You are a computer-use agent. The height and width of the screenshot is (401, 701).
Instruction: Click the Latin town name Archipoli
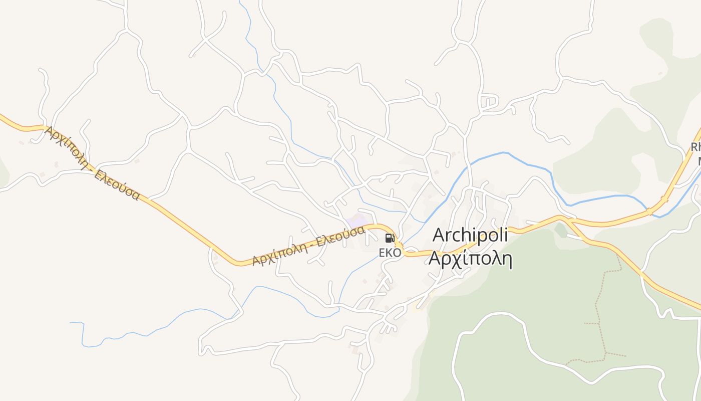pyautogui.click(x=470, y=235)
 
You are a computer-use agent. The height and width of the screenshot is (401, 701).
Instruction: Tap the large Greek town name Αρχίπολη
pyautogui.click(x=470, y=259)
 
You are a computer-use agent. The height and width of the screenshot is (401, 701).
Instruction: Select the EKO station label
pyautogui.click(x=390, y=253)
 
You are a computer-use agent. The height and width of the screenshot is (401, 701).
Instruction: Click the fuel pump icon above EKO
pyautogui.click(x=390, y=238)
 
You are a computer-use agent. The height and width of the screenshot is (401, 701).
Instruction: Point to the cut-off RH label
pyautogui.click(x=696, y=147)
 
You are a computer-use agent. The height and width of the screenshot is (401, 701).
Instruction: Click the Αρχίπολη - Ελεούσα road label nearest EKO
pyautogui.click(x=307, y=246)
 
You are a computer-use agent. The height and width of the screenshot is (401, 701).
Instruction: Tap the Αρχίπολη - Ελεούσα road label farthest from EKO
pyautogui.click(x=92, y=163)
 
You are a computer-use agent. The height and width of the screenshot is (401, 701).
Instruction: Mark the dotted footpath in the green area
pyautogui.click(x=598, y=311)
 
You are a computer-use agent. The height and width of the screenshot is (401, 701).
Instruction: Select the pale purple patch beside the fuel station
pyautogui.click(x=358, y=221)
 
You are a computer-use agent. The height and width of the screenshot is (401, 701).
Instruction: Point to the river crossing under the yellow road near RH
pyautogui.click(x=650, y=211)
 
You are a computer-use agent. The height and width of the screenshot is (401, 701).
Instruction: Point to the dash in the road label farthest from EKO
pyautogui.click(x=90, y=162)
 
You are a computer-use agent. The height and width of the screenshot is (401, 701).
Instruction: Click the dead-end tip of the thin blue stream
pyautogui.click(x=71, y=322)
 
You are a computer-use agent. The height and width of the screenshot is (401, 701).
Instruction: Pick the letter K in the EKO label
pyautogui.click(x=390, y=253)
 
